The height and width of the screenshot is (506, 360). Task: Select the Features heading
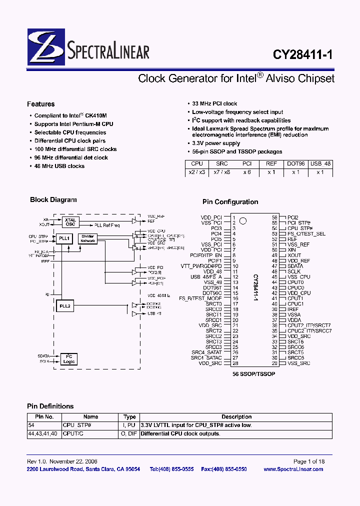click(x=41, y=104)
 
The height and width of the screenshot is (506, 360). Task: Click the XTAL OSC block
click(x=70, y=221)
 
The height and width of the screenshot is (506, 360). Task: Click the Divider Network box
click(x=88, y=238)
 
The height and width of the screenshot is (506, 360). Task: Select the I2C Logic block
click(x=69, y=358)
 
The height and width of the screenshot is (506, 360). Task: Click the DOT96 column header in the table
click(x=295, y=163)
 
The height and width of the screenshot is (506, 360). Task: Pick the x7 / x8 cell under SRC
click(x=221, y=172)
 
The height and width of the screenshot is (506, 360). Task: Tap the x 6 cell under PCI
click(x=246, y=172)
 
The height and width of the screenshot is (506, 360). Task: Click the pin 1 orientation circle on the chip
click(x=243, y=220)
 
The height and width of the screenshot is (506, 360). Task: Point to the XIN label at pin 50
click(x=292, y=250)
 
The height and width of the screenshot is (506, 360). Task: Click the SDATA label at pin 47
click(x=295, y=266)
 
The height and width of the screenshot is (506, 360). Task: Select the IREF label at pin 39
click(x=293, y=309)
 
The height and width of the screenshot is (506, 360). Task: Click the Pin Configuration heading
click(x=230, y=202)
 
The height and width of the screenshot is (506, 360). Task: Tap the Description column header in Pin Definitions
click(x=236, y=416)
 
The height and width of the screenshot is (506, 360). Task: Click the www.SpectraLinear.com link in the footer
click(x=293, y=469)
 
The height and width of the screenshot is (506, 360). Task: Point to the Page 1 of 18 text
click(x=308, y=461)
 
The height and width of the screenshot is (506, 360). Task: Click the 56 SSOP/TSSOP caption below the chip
click(x=253, y=373)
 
